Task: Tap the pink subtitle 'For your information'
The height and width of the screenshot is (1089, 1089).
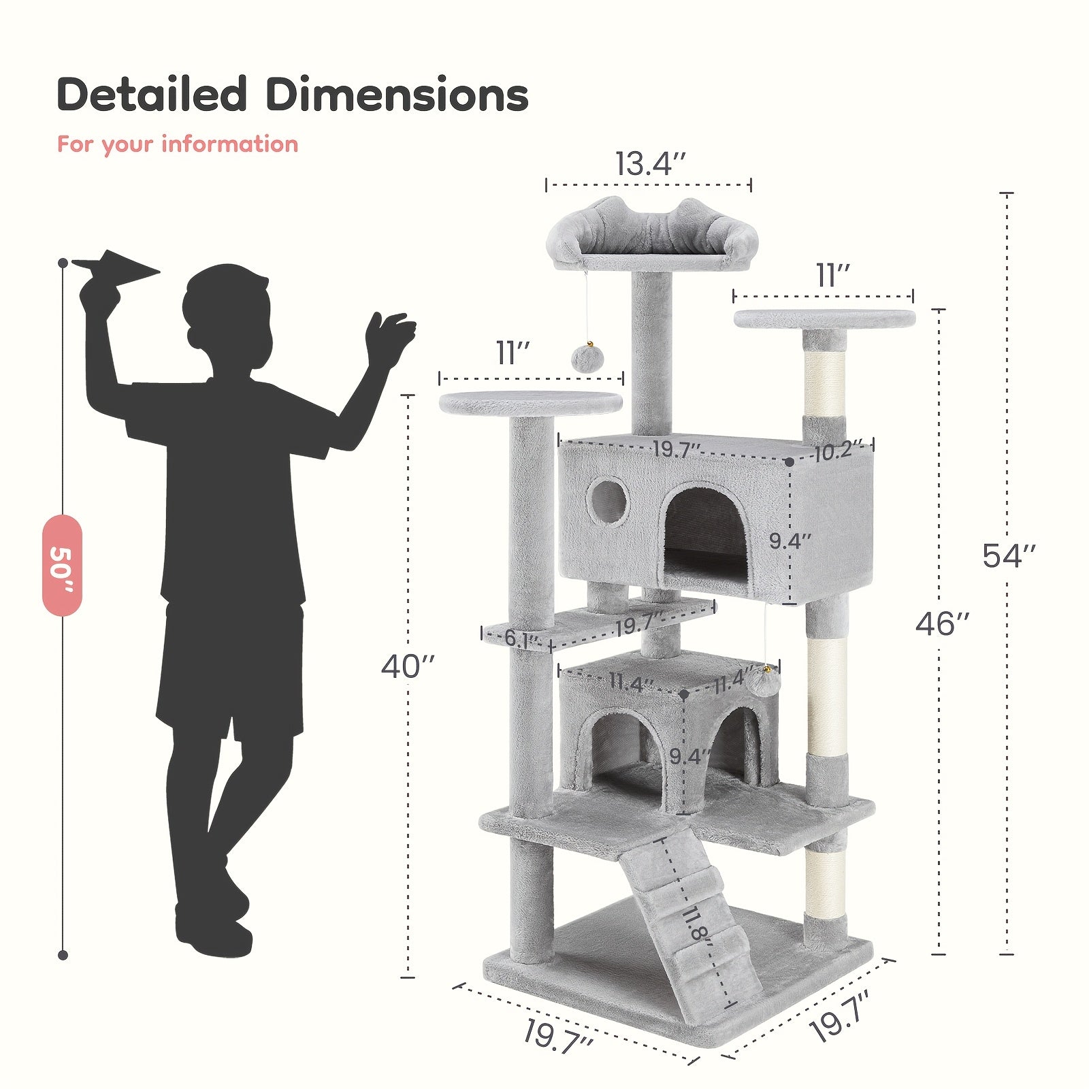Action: [x=178, y=144]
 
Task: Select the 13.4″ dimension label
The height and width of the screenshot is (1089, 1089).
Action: [x=649, y=164]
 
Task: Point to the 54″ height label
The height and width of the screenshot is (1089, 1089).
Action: [x=1009, y=556]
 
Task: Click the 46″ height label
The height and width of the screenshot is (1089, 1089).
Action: [x=942, y=623]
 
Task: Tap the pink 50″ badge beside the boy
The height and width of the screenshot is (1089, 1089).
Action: [x=62, y=565]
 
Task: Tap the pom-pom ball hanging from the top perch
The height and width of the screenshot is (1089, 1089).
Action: [x=583, y=358]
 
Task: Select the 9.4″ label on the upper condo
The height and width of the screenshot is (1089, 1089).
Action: [x=790, y=542]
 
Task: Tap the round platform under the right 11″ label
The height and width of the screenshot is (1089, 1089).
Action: [x=824, y=319]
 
